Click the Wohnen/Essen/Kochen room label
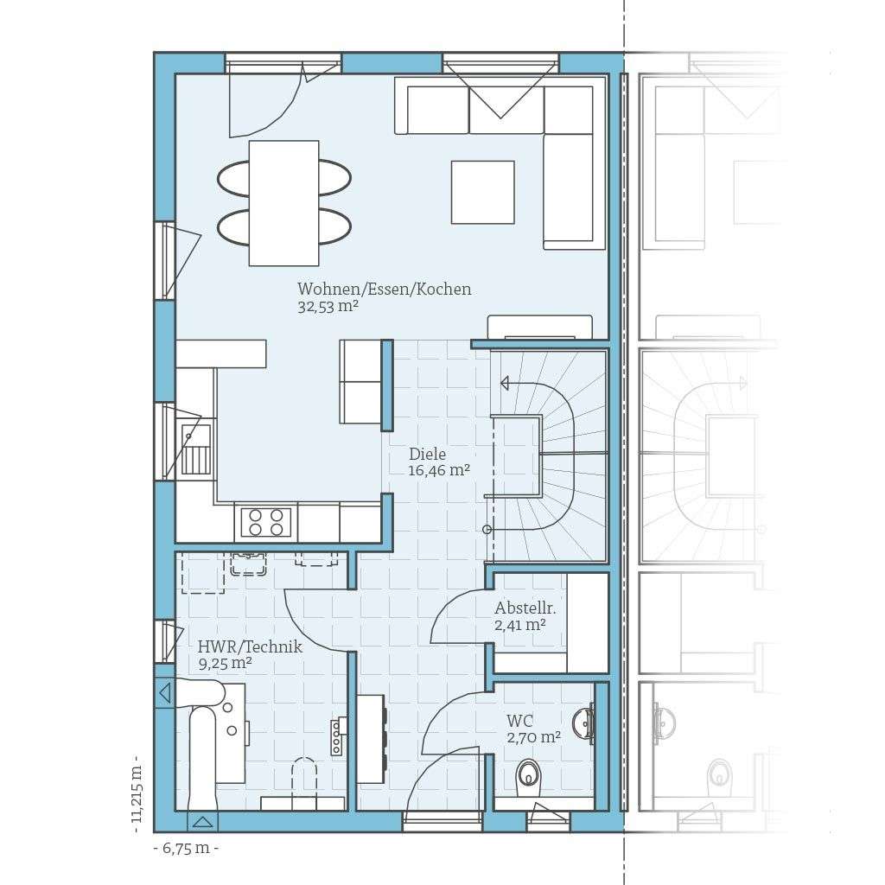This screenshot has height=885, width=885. tap(385, 289)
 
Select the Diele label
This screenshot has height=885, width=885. tap(428, 454)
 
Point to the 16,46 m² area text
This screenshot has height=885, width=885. tap(439, 470)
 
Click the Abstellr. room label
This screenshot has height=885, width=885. tap(525, 608)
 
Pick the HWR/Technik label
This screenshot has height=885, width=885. tap(250, 646)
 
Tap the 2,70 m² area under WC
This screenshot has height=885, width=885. tap(533, 737)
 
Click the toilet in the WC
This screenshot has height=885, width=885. tap(527, 777)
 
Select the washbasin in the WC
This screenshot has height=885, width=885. tap(585, 723)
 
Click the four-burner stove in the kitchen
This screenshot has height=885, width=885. tap(265, 521)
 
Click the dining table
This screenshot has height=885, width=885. tap(283, 203)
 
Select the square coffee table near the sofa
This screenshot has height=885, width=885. tap(482, 192)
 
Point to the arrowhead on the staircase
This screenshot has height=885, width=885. tap(505, 383)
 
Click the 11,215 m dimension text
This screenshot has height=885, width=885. tap(137, 793)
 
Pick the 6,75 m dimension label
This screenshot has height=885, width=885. tap(186, 848)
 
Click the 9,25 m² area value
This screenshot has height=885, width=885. tap(225, 663)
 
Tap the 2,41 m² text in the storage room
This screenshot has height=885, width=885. tap(519, 624)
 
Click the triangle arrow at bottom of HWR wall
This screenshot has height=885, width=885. tap(202, 821)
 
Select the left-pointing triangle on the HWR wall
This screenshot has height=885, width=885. tap(164, 692)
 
